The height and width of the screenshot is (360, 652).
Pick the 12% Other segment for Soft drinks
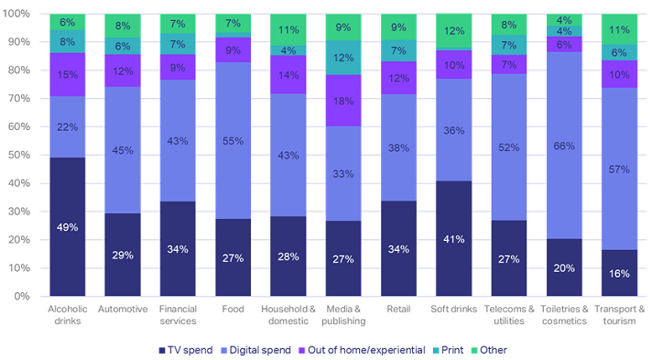tap(455, 31)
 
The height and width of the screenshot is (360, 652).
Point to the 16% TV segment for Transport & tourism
tap(621, 273)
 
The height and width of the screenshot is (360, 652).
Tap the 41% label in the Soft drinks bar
tap(455, 238)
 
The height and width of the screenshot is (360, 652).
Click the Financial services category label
tap(178, 314)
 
